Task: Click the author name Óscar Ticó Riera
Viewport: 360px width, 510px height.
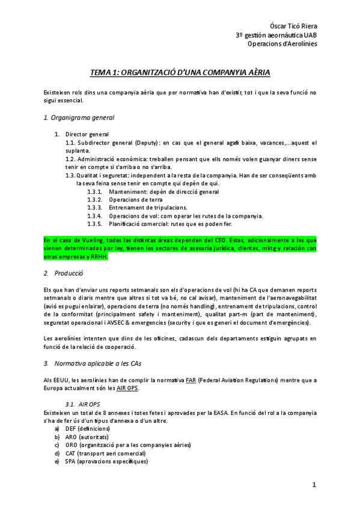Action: tap(292, 26)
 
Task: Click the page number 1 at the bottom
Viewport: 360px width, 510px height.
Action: tap(314, 485)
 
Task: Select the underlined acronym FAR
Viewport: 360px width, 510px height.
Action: tap(191, 380)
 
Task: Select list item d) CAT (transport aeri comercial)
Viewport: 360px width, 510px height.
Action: tap(105, 453)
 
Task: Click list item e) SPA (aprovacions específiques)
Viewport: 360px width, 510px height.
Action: tap(106, 461)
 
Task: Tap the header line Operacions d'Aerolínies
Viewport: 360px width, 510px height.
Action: tap(282, 43)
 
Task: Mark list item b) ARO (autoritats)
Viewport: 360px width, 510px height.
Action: tap(85, 437)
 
